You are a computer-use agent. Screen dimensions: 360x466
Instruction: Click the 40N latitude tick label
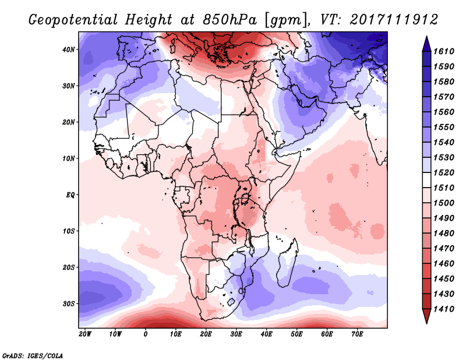point(69,50)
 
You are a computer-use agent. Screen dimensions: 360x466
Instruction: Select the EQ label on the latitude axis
point(70,195)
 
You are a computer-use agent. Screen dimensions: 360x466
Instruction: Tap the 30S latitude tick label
point(69,303)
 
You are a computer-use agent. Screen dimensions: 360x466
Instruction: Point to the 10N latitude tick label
point(69,158)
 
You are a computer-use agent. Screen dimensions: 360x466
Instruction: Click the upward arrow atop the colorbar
point(426,41)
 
